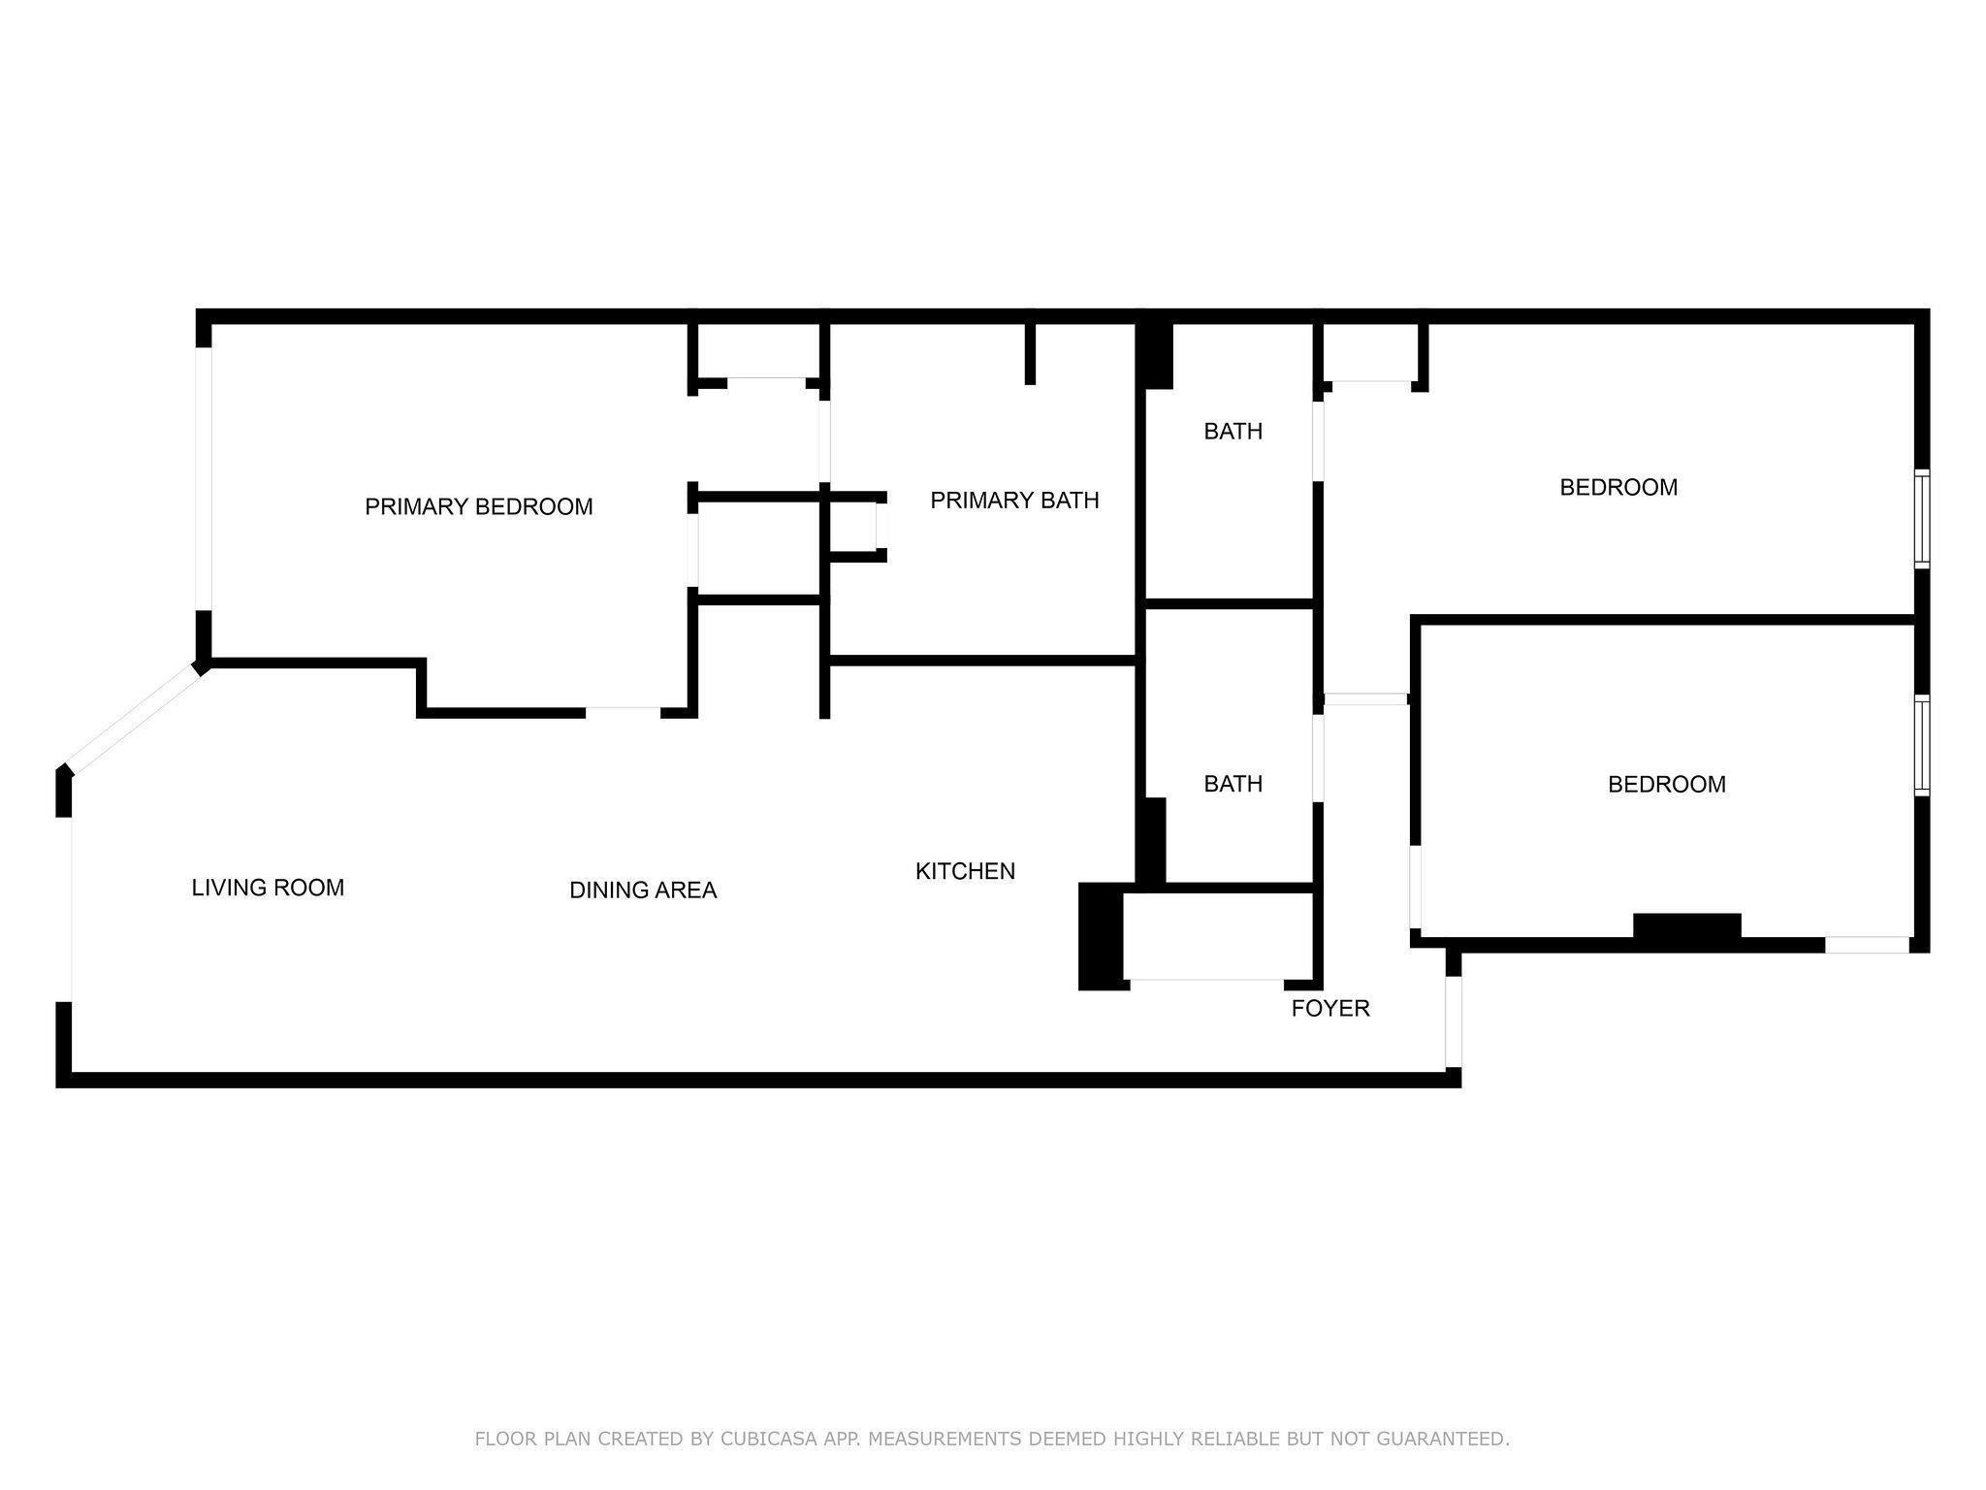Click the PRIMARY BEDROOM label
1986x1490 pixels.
click(x=478, y=506)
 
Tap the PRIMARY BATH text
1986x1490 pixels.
click(x=1014, y=501)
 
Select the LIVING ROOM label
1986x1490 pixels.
click(x=268, y=888)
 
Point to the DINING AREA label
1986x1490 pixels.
click(x=643, y=890)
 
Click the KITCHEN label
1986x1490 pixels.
click(x=965, y=871)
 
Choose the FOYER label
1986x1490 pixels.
click(x=1330, y=1008)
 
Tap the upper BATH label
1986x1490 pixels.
click(x=1233, y=431)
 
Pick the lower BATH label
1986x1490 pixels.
click(x=1233, y=783)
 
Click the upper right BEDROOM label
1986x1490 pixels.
click(x=1618, y=487)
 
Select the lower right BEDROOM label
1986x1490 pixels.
click(x=1667, y=784)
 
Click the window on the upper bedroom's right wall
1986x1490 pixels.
click(x=1922, y=519)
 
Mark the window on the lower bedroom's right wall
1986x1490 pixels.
click(x=1922, y=745)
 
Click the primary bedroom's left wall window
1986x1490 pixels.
click(x=204, y=478)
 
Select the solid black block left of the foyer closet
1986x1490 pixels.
click(x=1102, y=936)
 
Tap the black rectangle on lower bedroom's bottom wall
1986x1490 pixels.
click(x=1687, y=926)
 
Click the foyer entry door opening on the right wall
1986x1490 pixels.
click(x=1454, y=1021)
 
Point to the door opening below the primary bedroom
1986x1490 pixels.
click(x=624, y=713)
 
